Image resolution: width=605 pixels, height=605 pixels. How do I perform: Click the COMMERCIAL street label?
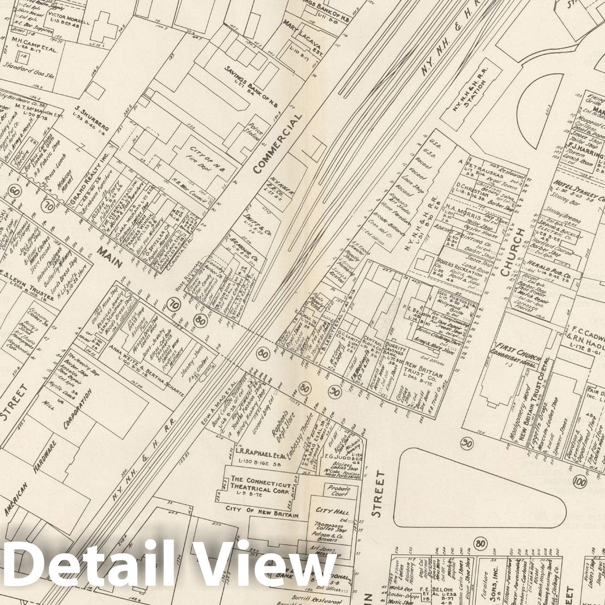coord(277,143)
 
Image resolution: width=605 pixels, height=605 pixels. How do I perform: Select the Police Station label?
coord(253,130)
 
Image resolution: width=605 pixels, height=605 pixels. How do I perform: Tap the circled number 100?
coord(581,481)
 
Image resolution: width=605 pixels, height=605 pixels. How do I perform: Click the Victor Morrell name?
coord(73,22)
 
